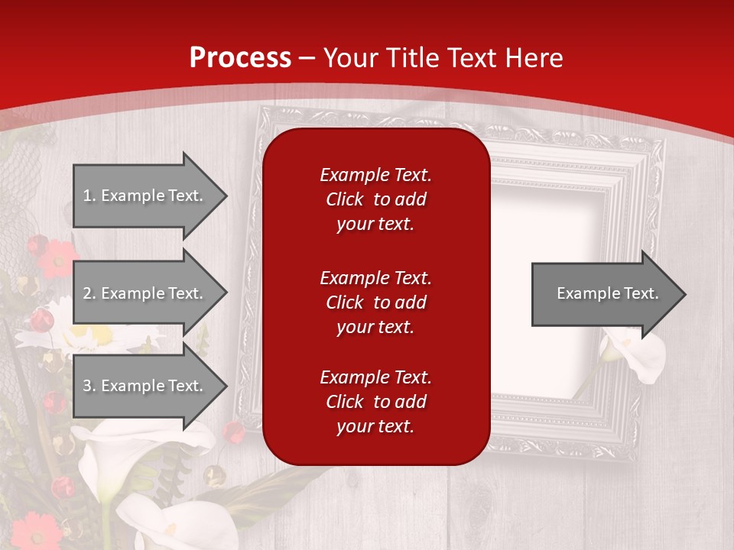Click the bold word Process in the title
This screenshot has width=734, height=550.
[240, 57]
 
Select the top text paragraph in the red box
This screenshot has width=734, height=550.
[375, 199]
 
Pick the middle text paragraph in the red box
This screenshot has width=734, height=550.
[375, 302]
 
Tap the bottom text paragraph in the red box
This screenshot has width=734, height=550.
[375, 402]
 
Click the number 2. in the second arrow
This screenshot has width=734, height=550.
[89, 293]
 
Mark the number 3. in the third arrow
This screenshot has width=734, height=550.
[89, 386]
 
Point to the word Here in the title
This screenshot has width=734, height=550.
[534, 57]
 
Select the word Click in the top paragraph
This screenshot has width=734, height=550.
[345, 199]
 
